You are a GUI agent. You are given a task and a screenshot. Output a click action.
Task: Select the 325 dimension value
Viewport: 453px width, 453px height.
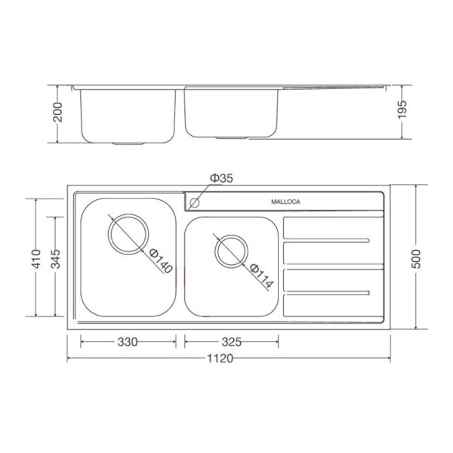[233, 342]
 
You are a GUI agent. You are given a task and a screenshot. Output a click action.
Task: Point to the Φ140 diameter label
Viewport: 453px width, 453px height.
[161, 260]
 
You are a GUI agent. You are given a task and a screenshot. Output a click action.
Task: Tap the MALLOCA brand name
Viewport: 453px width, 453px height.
[286, 202]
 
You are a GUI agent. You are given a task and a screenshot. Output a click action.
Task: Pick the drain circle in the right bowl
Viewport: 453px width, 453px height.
[231, 251]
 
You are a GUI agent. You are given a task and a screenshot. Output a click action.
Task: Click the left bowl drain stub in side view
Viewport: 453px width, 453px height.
[126, 141]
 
